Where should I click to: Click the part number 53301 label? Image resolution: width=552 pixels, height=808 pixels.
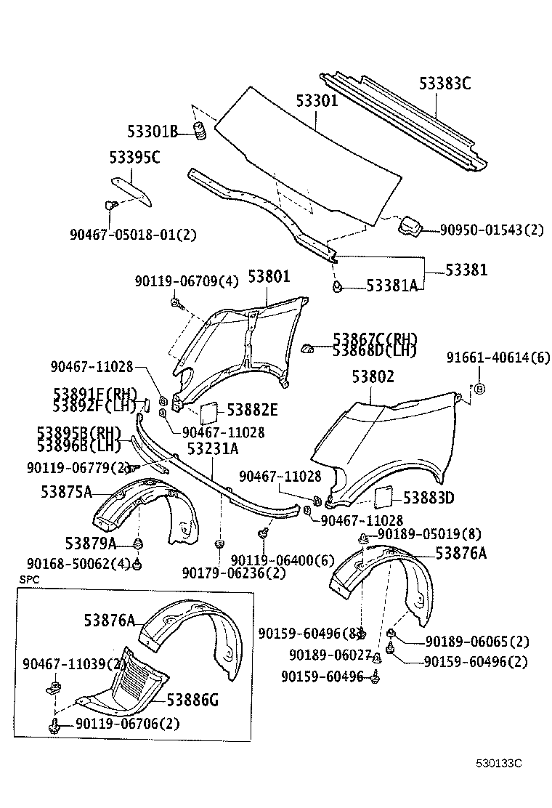click(317, 101)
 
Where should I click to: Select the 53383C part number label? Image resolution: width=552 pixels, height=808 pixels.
click(445, 84)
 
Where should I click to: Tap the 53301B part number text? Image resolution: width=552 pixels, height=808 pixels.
click(152, 132)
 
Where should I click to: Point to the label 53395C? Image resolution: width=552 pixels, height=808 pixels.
click(134, 157)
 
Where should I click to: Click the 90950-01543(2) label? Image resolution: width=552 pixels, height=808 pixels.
click(491, 230)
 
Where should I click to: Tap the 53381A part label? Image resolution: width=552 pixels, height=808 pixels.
click(391, 286)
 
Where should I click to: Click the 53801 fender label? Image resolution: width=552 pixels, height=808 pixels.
click(269, 276)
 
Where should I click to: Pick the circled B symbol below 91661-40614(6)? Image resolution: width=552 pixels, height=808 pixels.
click(479, 389)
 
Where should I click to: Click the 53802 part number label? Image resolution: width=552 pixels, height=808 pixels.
click(373, 377)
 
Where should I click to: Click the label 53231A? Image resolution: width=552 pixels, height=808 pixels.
click(212, 449)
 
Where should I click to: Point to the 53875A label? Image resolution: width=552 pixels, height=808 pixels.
click(66, 492)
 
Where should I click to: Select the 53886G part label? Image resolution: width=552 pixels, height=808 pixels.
click(192, 700)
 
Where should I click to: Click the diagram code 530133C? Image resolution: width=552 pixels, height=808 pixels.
click(499, 764)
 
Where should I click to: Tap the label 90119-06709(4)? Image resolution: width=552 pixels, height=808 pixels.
click(186, 281)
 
